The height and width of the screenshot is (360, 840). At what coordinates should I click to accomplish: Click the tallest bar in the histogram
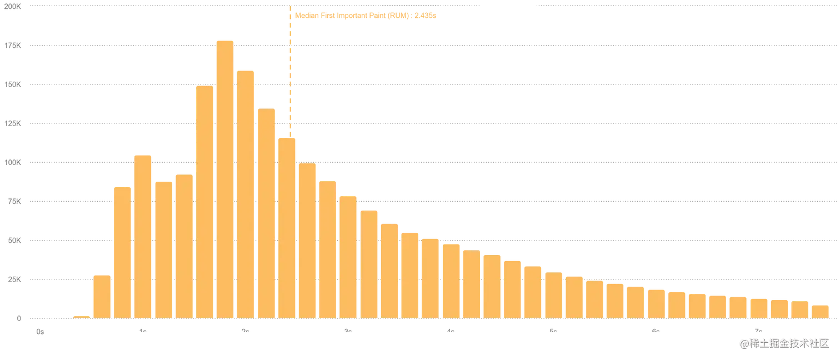pyautogui.click(x=224, y=178)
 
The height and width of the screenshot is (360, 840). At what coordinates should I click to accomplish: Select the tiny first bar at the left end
pyautogui.click(x=81, y=316)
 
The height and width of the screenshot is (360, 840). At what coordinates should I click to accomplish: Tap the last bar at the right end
pyautogui.click(x=820, y=311)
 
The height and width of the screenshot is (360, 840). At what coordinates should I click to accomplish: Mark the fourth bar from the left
pyautogui.click(x=143, y=236)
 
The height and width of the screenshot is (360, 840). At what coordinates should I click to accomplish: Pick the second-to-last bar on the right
pyautogui.click(x=799, y=309)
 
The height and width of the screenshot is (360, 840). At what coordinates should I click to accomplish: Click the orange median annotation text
pyautogui.click(x=366, y=17)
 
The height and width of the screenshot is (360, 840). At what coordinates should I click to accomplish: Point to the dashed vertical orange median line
pyautogui.click(x=289, y=67)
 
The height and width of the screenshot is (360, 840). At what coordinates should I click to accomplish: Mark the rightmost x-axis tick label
pyautogui.click(x=756, y=329)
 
